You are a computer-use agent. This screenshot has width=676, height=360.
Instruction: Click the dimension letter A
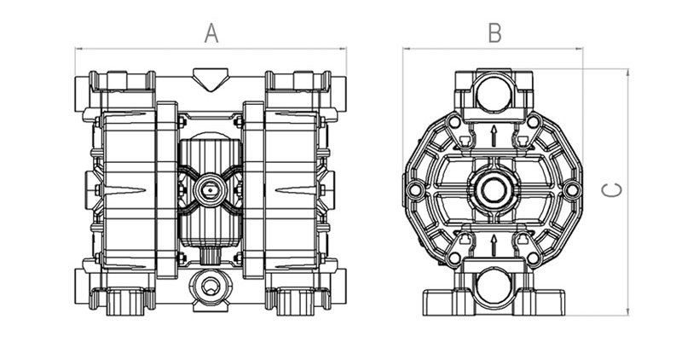click(211, 33)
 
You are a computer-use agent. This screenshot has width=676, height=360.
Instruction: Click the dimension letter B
click(494, 33)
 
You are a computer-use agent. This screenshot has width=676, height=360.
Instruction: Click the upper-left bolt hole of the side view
click(453, 121)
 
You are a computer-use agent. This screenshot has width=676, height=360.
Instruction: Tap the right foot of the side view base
click(550, 304)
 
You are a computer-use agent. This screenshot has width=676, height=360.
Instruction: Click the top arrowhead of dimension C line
click(627, 72)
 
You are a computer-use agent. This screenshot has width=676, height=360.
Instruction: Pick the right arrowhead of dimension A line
click(344, 49)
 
